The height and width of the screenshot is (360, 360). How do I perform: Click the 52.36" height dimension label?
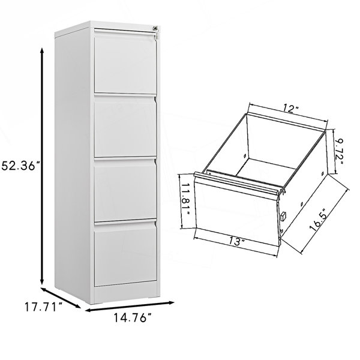[20, 166]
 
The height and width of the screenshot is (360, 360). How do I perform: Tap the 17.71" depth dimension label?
[43, 307]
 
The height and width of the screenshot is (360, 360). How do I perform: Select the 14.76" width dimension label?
[133, 318]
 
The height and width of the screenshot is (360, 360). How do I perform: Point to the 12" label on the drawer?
[290, 109]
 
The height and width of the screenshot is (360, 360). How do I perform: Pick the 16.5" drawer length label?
[319, 220]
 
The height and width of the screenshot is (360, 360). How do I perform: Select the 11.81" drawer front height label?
[186, 199]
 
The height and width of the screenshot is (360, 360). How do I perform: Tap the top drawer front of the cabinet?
[125, 61]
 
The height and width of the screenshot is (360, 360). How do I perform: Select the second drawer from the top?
[125, 126]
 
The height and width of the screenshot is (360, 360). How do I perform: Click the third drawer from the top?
[125, 190]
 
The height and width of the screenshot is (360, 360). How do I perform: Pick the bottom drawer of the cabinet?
[125, 254]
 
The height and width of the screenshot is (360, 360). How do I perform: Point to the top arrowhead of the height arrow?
[42, 50]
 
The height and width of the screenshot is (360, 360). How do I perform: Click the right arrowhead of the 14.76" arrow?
[172, 302]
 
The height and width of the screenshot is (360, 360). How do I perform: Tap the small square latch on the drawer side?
[283, 215]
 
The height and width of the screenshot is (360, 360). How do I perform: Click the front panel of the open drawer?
[236, 209]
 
